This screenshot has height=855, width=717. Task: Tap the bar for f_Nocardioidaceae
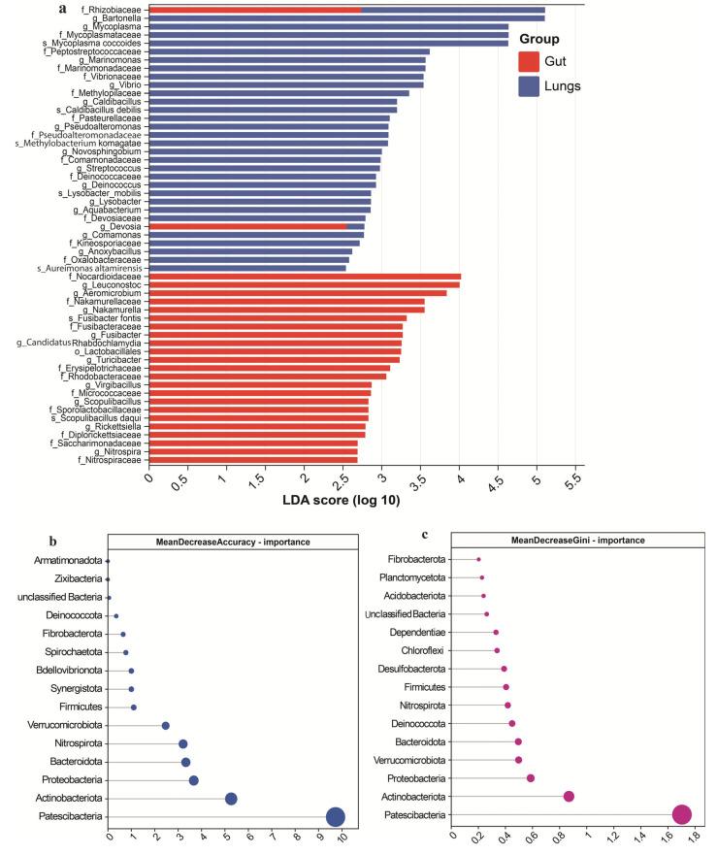coord(305,277)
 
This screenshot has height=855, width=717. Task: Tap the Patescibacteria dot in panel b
coord(335,816)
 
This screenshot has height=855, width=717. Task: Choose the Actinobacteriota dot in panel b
coord(231,798)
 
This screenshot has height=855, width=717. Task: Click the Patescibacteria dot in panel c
coord(681,816)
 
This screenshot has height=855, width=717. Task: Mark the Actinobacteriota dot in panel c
coord(569,796)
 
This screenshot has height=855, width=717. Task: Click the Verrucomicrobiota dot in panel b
coord(165,725)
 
